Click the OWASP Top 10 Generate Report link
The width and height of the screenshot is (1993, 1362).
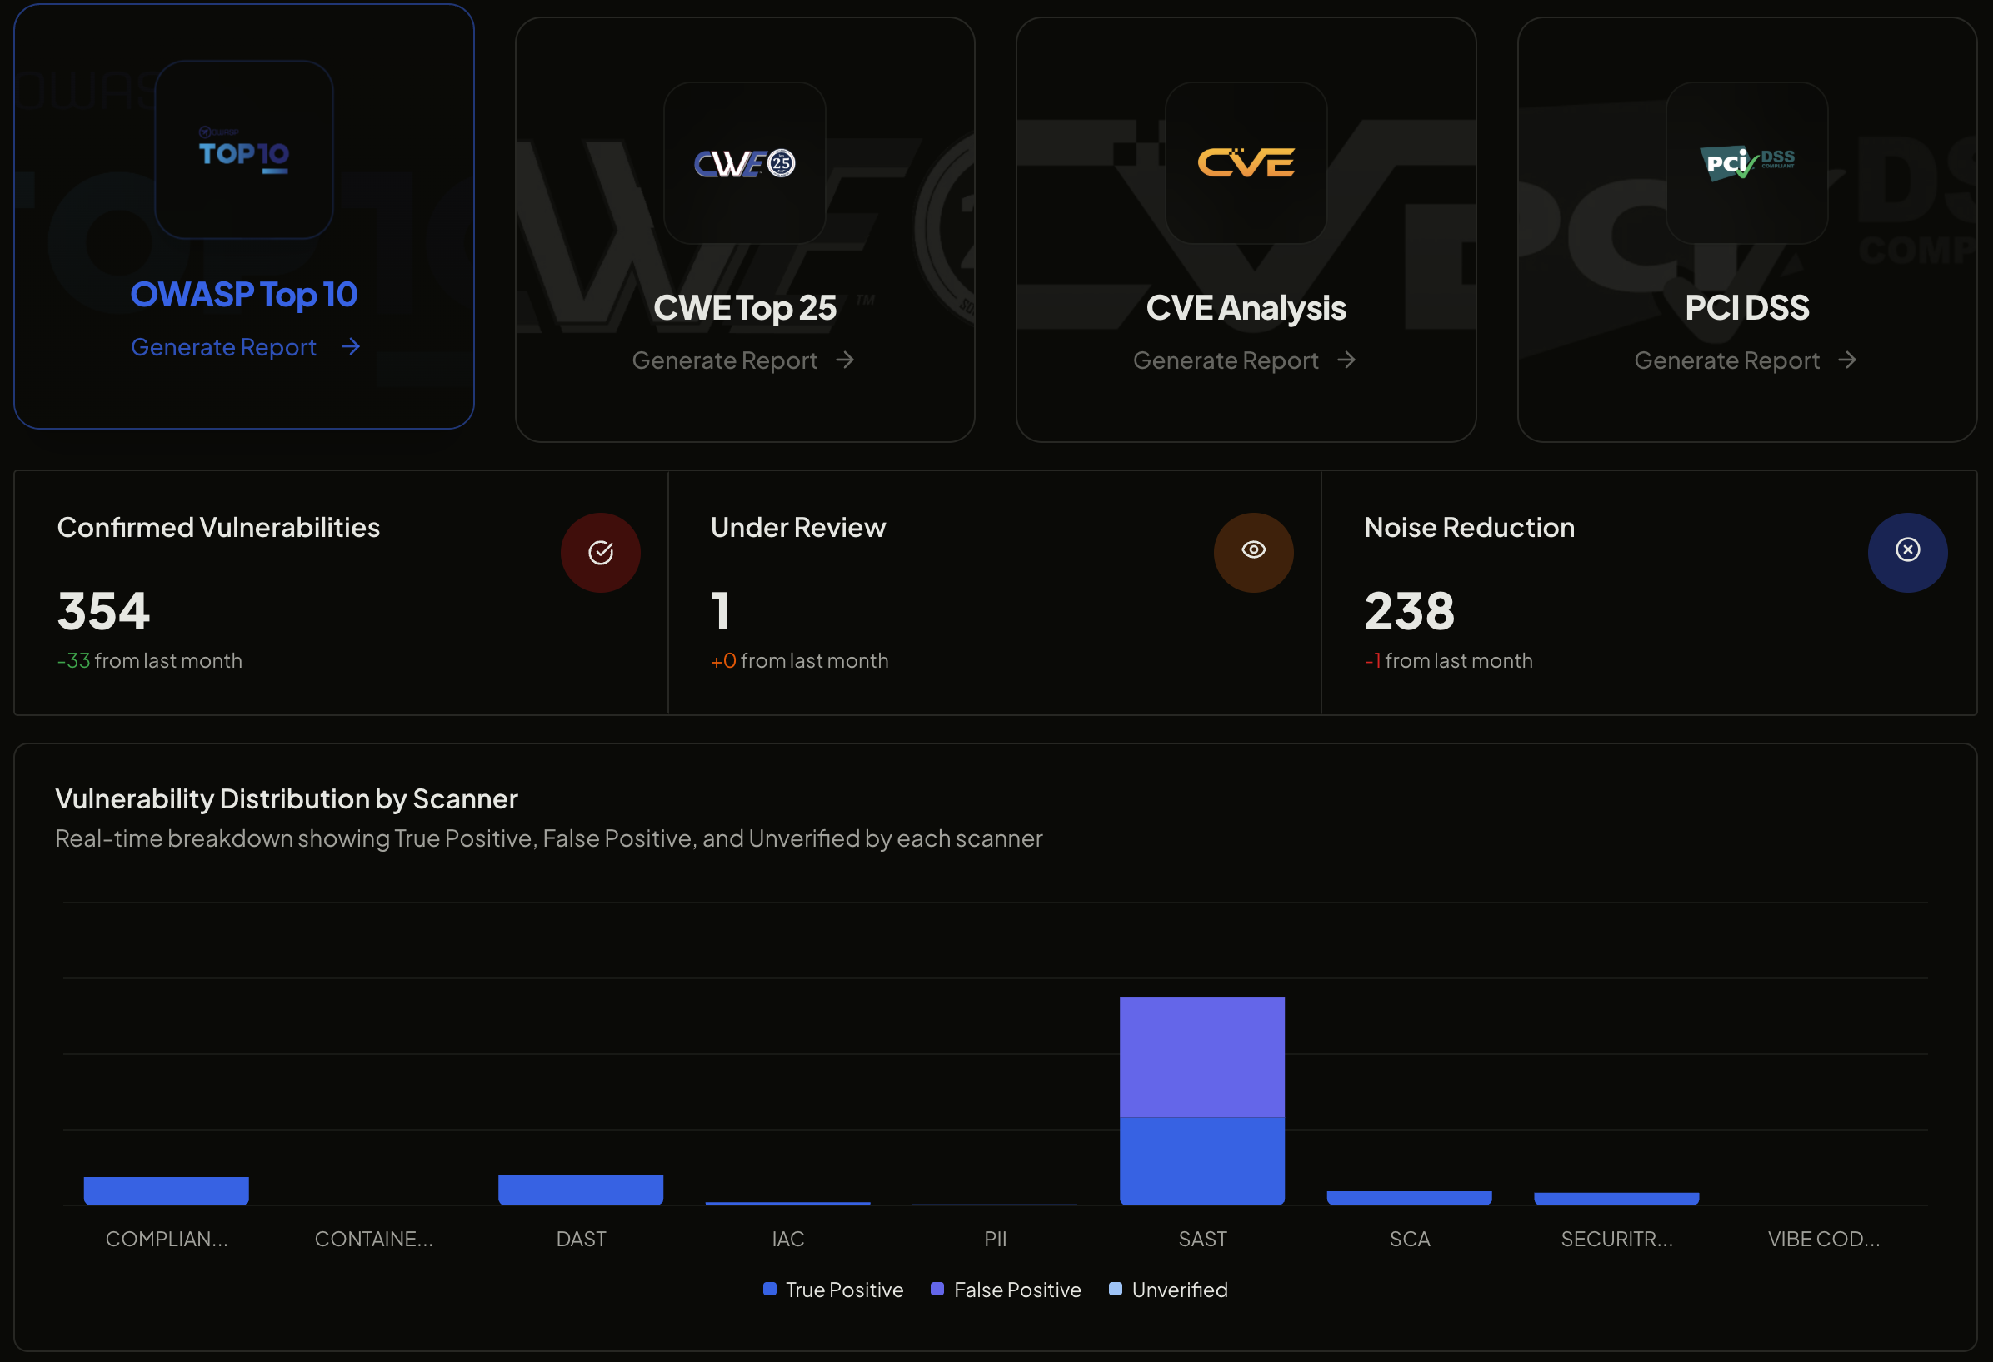[224, 347]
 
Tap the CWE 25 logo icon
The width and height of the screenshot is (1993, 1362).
[744, 163]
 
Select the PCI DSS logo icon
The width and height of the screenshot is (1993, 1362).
[1746, 163]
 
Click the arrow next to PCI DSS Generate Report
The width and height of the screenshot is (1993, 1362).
[1847, 360]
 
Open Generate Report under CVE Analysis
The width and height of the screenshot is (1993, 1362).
[1226, 360]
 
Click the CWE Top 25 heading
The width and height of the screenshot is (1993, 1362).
[744, 308]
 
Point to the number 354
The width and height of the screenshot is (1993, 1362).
[104, 611]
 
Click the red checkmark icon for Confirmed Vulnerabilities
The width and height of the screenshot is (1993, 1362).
[600, 552]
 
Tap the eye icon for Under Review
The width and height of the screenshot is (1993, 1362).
[1253, 551]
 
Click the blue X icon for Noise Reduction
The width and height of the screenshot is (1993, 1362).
[1907, 551]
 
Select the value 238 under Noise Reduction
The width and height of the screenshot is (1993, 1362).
[1409, 611]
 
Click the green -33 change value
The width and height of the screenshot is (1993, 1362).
[74, 661]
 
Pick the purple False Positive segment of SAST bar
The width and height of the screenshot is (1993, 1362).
[1201, 1056]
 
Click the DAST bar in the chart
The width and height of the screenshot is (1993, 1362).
[581, 1190]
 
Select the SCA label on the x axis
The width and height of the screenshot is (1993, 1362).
[1409, 1239]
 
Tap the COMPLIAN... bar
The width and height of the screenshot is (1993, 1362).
[167, 1191]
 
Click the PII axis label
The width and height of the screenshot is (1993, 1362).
[995, 1239]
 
